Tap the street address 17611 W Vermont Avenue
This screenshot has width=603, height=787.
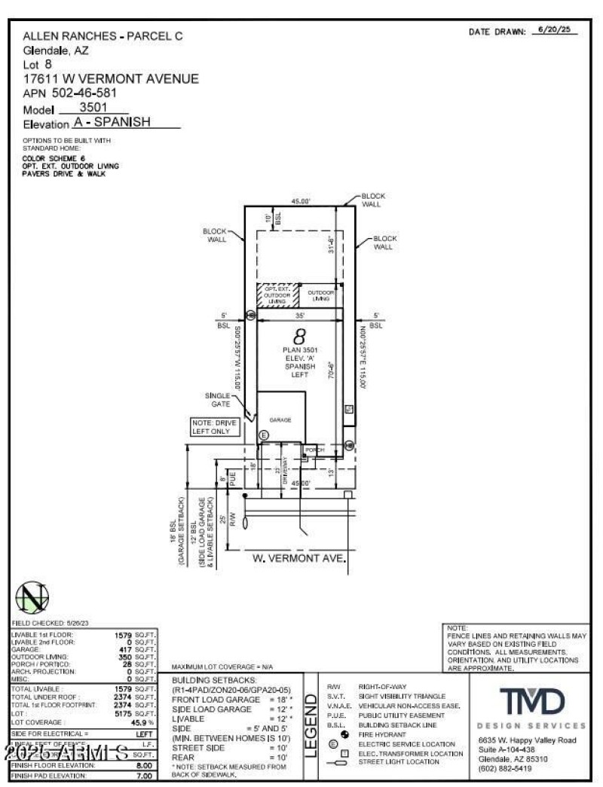tap(111, 78)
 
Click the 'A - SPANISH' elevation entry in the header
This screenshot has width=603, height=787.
tap(112, 123)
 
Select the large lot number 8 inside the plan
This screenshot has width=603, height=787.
tap(298, 337)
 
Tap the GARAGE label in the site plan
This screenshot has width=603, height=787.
tap(280, 420)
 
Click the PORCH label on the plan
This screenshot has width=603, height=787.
tap(314, 450)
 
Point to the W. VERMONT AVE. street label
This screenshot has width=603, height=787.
tap(298, 558)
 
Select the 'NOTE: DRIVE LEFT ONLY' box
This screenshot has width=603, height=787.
tap(215, 427)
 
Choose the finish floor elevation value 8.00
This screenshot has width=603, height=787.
tap(144, 764)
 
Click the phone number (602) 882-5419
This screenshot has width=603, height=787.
tap(510, 768)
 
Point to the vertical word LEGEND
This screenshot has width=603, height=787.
tap(310, 724)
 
